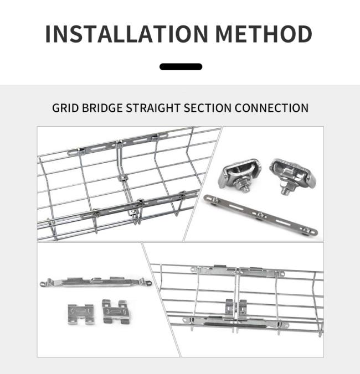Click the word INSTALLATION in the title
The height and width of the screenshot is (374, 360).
click(127, 34)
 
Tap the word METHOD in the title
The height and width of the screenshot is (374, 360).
click(264, 34)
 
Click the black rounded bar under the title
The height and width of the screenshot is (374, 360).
click(181, 67)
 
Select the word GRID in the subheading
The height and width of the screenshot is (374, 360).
click(65, 108)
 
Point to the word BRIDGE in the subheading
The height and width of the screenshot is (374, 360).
click(102, 108)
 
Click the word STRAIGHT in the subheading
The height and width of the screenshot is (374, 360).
click(153, 108)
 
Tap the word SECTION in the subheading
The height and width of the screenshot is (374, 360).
click(208, 108)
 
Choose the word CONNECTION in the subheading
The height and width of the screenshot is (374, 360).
click(271, 108)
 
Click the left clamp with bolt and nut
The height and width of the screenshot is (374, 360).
click(239, 175)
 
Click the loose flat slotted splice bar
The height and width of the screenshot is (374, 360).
click(260, 215)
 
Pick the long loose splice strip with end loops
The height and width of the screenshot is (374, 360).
click(96, 282)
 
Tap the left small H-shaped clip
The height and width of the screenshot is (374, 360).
click(80, 314)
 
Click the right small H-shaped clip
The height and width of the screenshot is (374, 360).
click(116, 312)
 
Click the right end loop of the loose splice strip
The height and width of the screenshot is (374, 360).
click(148, 283)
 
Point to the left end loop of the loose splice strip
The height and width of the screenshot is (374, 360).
click(44, 284)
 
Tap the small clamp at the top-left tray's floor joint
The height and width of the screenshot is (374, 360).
click(122, 178)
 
